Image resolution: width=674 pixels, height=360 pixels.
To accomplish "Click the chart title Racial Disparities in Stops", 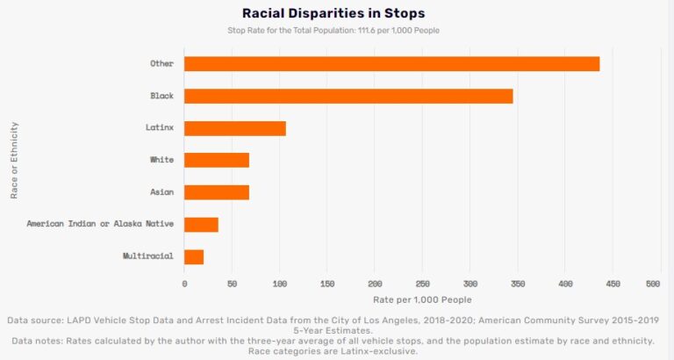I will coord(333,13).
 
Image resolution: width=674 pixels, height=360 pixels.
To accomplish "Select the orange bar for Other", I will coord(391,63).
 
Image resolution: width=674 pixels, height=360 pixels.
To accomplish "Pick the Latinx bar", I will coord(235,128).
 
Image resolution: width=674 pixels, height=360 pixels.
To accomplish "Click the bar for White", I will coord(217,160).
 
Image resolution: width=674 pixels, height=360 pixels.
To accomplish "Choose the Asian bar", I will coord(217,192).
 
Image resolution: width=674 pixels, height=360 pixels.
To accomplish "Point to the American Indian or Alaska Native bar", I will coord(201,224).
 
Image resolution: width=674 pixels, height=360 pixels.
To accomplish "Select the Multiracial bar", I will coord(194,256).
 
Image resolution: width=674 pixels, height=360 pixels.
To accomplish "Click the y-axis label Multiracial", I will coord(148,256).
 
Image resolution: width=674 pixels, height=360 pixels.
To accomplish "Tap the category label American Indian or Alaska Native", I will coord(100,224).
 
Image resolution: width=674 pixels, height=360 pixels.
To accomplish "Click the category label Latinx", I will coord(160,128).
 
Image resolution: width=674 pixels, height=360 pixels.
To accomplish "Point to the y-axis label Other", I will coord(162,63).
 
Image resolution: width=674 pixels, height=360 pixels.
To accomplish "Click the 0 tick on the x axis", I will coord(184,284).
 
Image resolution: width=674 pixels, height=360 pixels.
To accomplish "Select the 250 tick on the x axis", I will coord(423,284).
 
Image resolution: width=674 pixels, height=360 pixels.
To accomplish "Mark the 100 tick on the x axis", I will coord(280,284).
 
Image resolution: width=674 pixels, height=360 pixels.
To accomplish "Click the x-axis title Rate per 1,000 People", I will coord(421,299).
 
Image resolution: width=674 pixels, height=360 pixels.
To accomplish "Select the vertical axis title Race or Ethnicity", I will coord(15,160).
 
